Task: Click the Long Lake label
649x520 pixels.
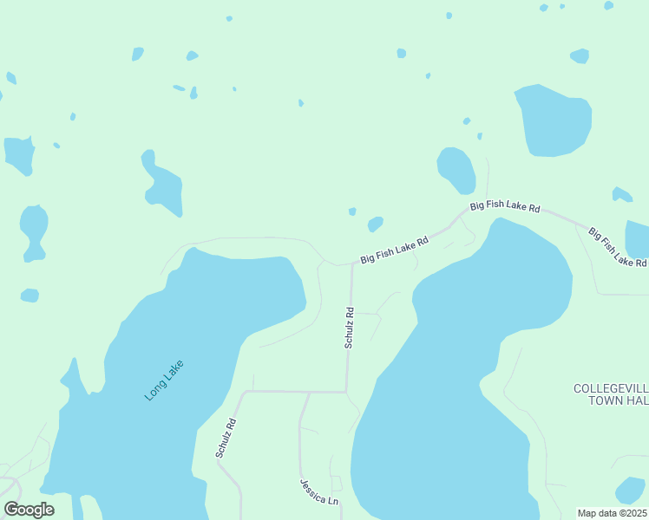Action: click(x=165, y=380)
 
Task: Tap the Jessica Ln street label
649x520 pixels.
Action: click(x=318, y=491)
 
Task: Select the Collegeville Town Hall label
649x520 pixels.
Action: click(x=611, y=394)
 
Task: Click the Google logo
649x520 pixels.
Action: click(x=29, y=510)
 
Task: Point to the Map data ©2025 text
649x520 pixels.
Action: click(x=612, y=513)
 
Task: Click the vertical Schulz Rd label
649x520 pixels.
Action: click(x=349, y=328)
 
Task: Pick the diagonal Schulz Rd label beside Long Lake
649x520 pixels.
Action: click(x=226, y=439)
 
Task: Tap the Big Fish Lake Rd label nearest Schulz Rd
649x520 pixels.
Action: click(x=395, y=251)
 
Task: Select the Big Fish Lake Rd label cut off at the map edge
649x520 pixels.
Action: click(x=617, y=246)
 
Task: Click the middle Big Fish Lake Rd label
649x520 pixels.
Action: click(x=505, y=208)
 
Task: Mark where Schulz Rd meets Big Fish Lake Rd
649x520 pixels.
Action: click(x=352, y=263)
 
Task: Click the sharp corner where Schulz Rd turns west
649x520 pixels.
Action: click(x=347, y=392)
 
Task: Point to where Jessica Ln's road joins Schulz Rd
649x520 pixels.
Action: click(x=309, y=393)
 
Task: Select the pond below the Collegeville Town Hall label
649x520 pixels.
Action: click(x=630, y=490)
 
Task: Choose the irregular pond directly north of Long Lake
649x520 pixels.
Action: click(x=161, y=184)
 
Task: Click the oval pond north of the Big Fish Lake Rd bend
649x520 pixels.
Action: click(x=456, y=170)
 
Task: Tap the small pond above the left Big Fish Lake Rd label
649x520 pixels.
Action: click(x=375, y=224)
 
